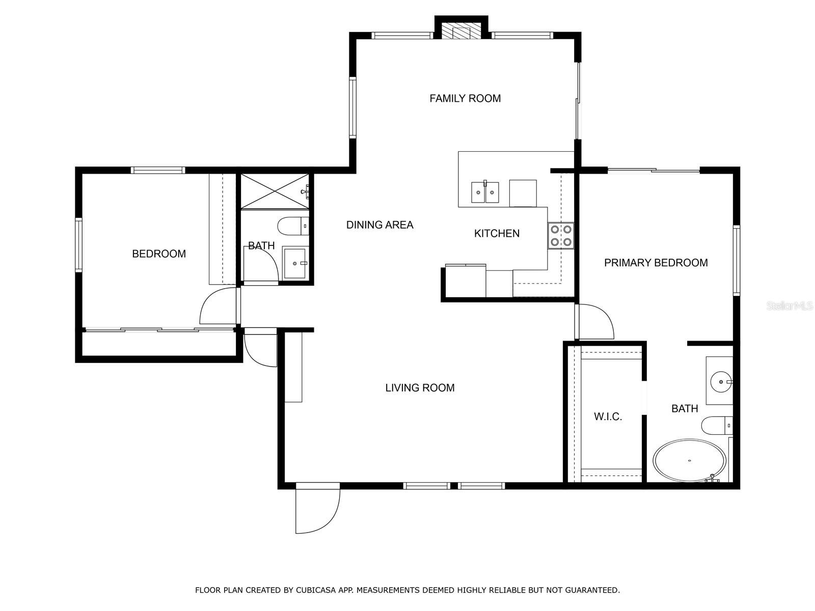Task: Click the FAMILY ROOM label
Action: click(465, 98)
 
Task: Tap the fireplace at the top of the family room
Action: click(461, 32)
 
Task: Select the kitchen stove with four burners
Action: click(561, 236)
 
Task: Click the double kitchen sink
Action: click(485, 192)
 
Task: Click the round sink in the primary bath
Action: click(721, 381)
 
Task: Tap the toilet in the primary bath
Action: click(717, 425)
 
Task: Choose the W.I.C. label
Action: click(608, 416)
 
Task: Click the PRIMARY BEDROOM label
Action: click(656, 263)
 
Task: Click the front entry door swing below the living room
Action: click(317, 508)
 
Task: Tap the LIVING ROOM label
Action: click(420, 387)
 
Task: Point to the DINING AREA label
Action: click(379, 225)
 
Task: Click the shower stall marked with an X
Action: click(275, 192)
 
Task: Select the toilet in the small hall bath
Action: click(293, 226)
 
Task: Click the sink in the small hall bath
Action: click(295, 263)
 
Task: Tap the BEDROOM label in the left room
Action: click(159, 254)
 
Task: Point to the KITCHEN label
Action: click(497, 233)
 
